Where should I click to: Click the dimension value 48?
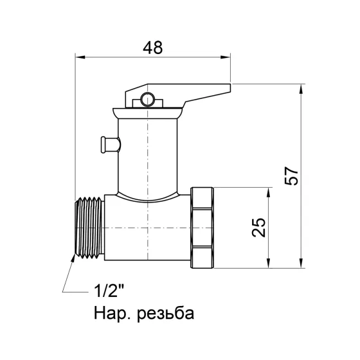pos(152,48)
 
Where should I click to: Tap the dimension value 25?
pos(258,226)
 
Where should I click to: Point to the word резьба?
pos(161,313)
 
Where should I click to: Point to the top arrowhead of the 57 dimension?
pos(302,87)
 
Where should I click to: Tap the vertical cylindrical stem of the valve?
pos(148,157)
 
